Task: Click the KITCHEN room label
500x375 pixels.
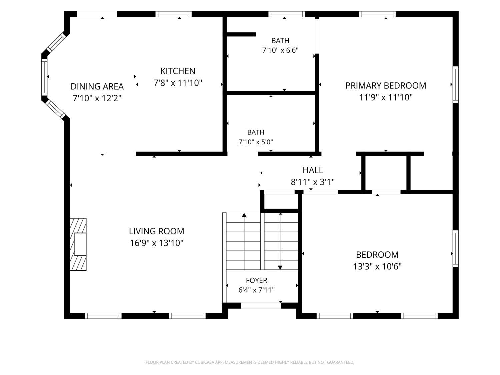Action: point(178,71)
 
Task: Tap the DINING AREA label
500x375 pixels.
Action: point(97,87)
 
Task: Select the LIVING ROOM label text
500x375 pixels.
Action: point(156,231)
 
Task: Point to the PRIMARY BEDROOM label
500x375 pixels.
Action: point(386,86)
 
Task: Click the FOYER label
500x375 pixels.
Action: point(256,280)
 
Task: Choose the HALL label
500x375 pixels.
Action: point(313,170)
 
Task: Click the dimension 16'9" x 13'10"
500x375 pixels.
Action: point(156,243)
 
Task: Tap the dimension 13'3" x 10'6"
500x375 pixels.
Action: point(377,266)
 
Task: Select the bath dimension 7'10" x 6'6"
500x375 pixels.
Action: point(280,50)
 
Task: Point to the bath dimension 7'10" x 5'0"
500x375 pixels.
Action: point(256,142)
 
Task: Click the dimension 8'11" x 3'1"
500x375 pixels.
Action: point(313,182)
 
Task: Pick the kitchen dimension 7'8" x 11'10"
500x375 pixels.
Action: point(178,83)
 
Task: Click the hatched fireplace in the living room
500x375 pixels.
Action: point(78,244)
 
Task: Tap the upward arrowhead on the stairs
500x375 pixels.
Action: point(244,215)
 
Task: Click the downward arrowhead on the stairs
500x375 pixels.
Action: point(280,268)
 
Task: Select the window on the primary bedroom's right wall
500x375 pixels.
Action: point(455,84)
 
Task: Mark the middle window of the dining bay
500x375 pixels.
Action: point(44,77)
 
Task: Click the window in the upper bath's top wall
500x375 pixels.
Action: point(287,14)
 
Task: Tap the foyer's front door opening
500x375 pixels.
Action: point(261,305)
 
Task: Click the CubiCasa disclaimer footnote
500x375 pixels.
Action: point(250,362)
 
